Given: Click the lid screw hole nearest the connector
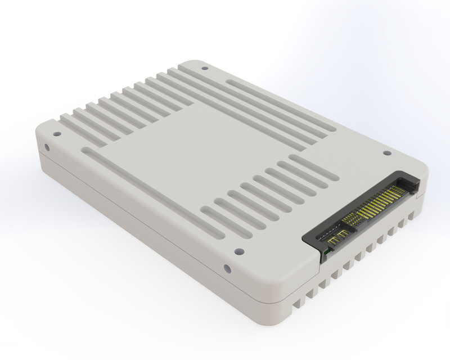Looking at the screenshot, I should point(386,152).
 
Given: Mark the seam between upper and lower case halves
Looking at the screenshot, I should point(141,225).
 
